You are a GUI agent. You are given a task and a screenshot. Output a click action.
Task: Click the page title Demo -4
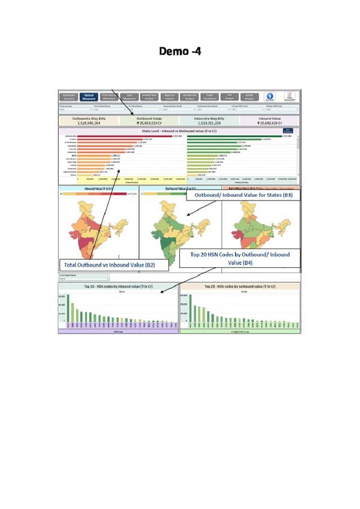click(180, 51)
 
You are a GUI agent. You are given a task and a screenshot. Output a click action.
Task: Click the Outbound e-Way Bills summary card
click(89, 121)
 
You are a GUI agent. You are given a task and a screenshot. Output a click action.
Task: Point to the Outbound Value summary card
click(149, 121)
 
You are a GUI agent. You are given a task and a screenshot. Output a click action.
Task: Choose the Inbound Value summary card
click(269, 121)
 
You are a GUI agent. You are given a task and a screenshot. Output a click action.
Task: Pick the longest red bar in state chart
click(144, 136)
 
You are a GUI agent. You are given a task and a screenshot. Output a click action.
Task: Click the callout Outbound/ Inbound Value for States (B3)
click(239, 195)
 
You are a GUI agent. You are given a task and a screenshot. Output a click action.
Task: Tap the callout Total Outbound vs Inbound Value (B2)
click(109, 264)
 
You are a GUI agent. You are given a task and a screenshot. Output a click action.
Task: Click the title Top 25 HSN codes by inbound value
click(119, 288)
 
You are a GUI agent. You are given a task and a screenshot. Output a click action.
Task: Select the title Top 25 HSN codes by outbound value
click(239, 288)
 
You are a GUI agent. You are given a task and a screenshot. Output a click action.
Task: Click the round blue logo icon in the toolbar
click(270, 96)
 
